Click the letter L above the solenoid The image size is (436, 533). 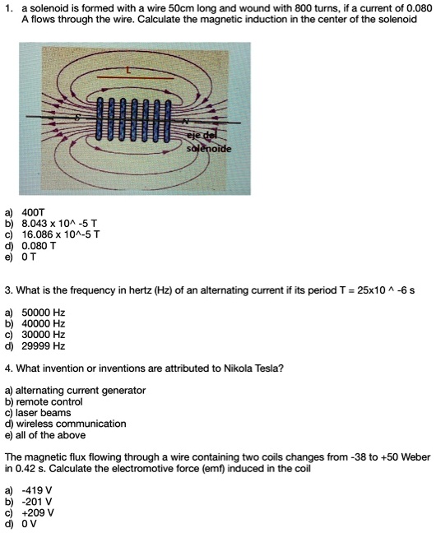(x=128, y=71)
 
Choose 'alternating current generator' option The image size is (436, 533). (x=80, y=390)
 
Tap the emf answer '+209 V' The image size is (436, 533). (x=42, y=511)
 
